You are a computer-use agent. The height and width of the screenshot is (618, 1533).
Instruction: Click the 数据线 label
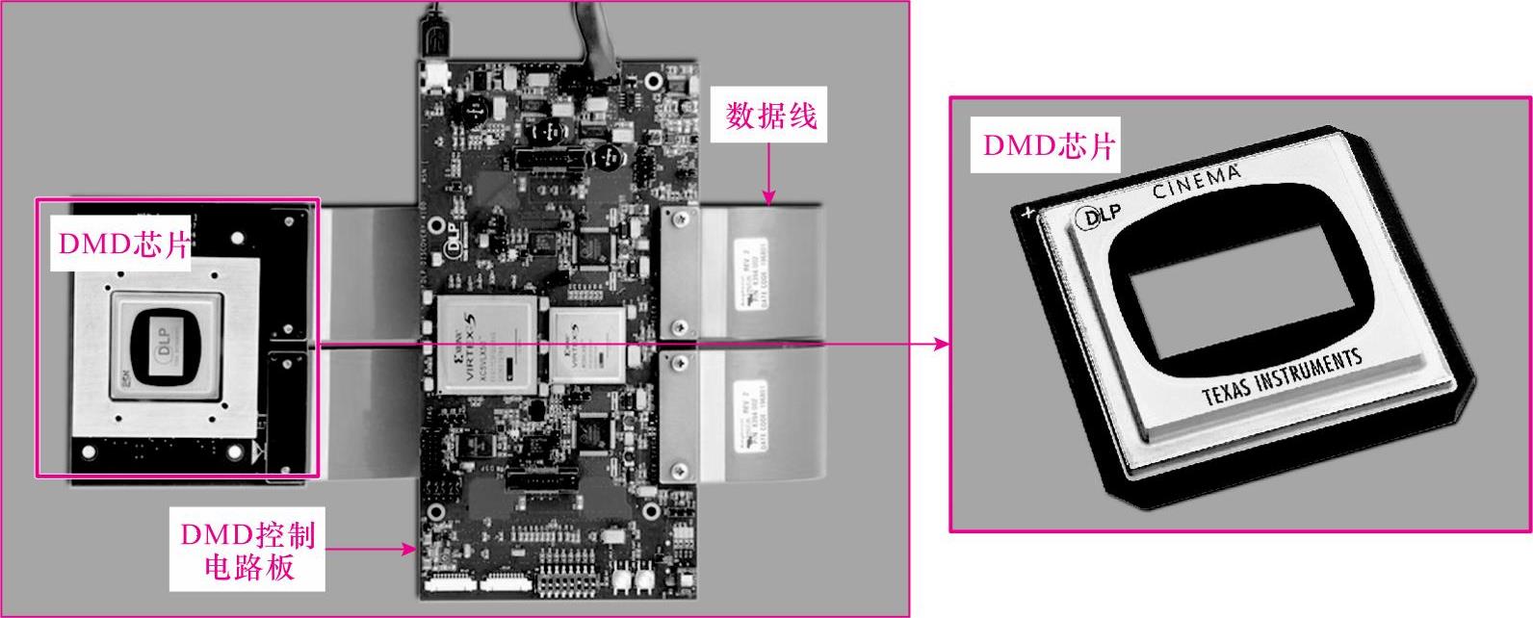click(770, 117)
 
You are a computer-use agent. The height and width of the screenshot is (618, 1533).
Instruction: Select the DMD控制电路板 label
click(247, 551)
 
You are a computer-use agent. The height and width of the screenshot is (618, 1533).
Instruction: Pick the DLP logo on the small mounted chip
click(169, 338)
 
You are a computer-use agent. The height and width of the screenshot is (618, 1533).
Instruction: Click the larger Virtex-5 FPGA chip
click(484, 345)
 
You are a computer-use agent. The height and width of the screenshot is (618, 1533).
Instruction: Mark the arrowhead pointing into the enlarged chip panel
click(941, 344)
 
